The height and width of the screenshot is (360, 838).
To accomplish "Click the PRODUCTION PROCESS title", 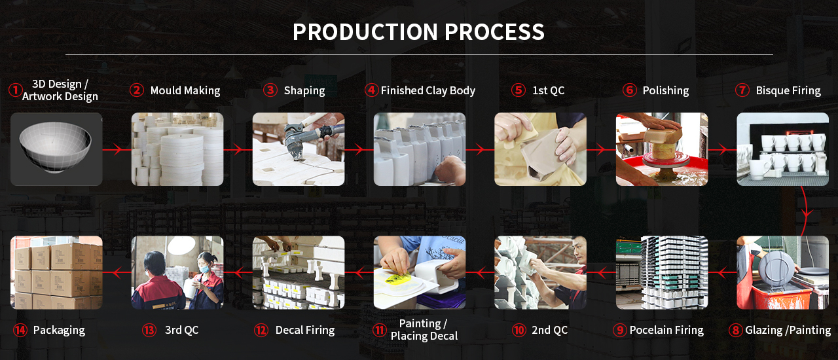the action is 418,31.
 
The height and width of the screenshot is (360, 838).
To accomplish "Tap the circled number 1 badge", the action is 15,90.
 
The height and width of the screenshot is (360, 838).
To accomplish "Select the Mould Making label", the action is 185,90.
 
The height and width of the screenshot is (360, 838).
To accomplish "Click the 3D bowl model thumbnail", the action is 56,149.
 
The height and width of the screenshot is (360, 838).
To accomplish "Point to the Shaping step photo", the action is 299,149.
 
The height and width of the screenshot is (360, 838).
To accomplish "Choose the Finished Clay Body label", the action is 428,90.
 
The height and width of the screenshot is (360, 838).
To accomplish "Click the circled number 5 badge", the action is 519,90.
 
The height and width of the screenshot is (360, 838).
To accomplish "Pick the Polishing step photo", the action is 662,149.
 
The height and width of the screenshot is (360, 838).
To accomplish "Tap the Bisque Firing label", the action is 788,90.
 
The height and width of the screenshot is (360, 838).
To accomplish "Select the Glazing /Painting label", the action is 788,331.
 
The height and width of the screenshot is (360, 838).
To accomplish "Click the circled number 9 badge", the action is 619,331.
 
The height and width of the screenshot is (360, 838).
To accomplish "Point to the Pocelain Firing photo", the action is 662,272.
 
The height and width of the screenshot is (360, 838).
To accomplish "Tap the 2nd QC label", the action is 550,331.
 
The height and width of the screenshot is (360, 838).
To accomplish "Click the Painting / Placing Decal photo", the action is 420,272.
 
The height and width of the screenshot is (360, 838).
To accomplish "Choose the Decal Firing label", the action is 305,331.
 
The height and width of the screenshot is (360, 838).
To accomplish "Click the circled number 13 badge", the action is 149,331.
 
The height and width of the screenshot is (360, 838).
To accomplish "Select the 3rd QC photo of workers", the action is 177,272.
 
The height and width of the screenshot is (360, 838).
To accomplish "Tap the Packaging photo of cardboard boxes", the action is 56,272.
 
